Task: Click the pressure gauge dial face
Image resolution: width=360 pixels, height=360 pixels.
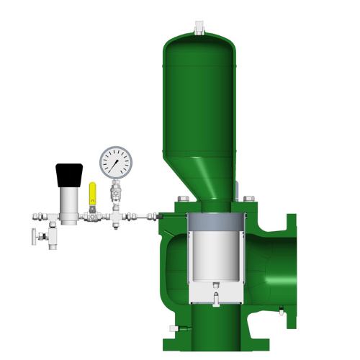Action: click(115, 163)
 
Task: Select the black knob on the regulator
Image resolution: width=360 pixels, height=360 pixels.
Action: click(68, 173)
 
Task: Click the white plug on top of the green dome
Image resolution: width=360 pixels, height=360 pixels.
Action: click(199, 27)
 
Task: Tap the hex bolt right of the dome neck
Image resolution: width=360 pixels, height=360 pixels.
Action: click(248, 199)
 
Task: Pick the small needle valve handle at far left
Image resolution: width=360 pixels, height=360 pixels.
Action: click(34, 235)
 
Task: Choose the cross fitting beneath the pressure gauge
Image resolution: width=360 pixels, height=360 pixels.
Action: click(115, 216)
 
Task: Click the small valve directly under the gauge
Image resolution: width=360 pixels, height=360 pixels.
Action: click(115, 194)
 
